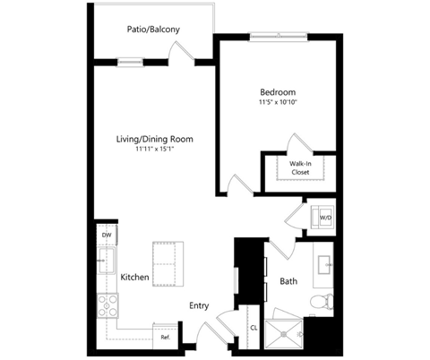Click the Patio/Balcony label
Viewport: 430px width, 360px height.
tap(153, 30)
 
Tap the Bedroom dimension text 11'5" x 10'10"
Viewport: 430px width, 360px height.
tap(279, 102)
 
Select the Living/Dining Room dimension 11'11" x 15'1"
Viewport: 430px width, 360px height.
tap(155, 149)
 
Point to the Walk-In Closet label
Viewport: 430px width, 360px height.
tap(300, 167)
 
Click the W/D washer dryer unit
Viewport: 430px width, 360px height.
tap(322, 217)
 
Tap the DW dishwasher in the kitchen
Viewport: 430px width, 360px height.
tap(107, 235)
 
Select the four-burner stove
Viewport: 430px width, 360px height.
tap(107, 305)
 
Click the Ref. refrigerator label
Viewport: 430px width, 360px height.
tap(166, 338)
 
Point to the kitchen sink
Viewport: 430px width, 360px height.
tap(107, 261)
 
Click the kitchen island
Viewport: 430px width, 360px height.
tap(168, 264)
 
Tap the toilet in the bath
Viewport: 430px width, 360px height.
tap(322, 302)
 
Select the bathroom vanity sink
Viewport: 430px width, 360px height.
tap(324, 265)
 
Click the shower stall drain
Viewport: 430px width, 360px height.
tap(283, 334)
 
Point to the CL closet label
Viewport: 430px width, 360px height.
tap(254, 328)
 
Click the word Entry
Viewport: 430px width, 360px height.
tap(199, 306)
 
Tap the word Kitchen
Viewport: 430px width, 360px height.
tap(134, 278)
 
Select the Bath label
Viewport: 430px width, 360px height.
tap(288, 281)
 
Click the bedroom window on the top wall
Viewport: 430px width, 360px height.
tap(279, 37)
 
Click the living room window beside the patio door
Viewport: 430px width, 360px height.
tap(130, 62)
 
